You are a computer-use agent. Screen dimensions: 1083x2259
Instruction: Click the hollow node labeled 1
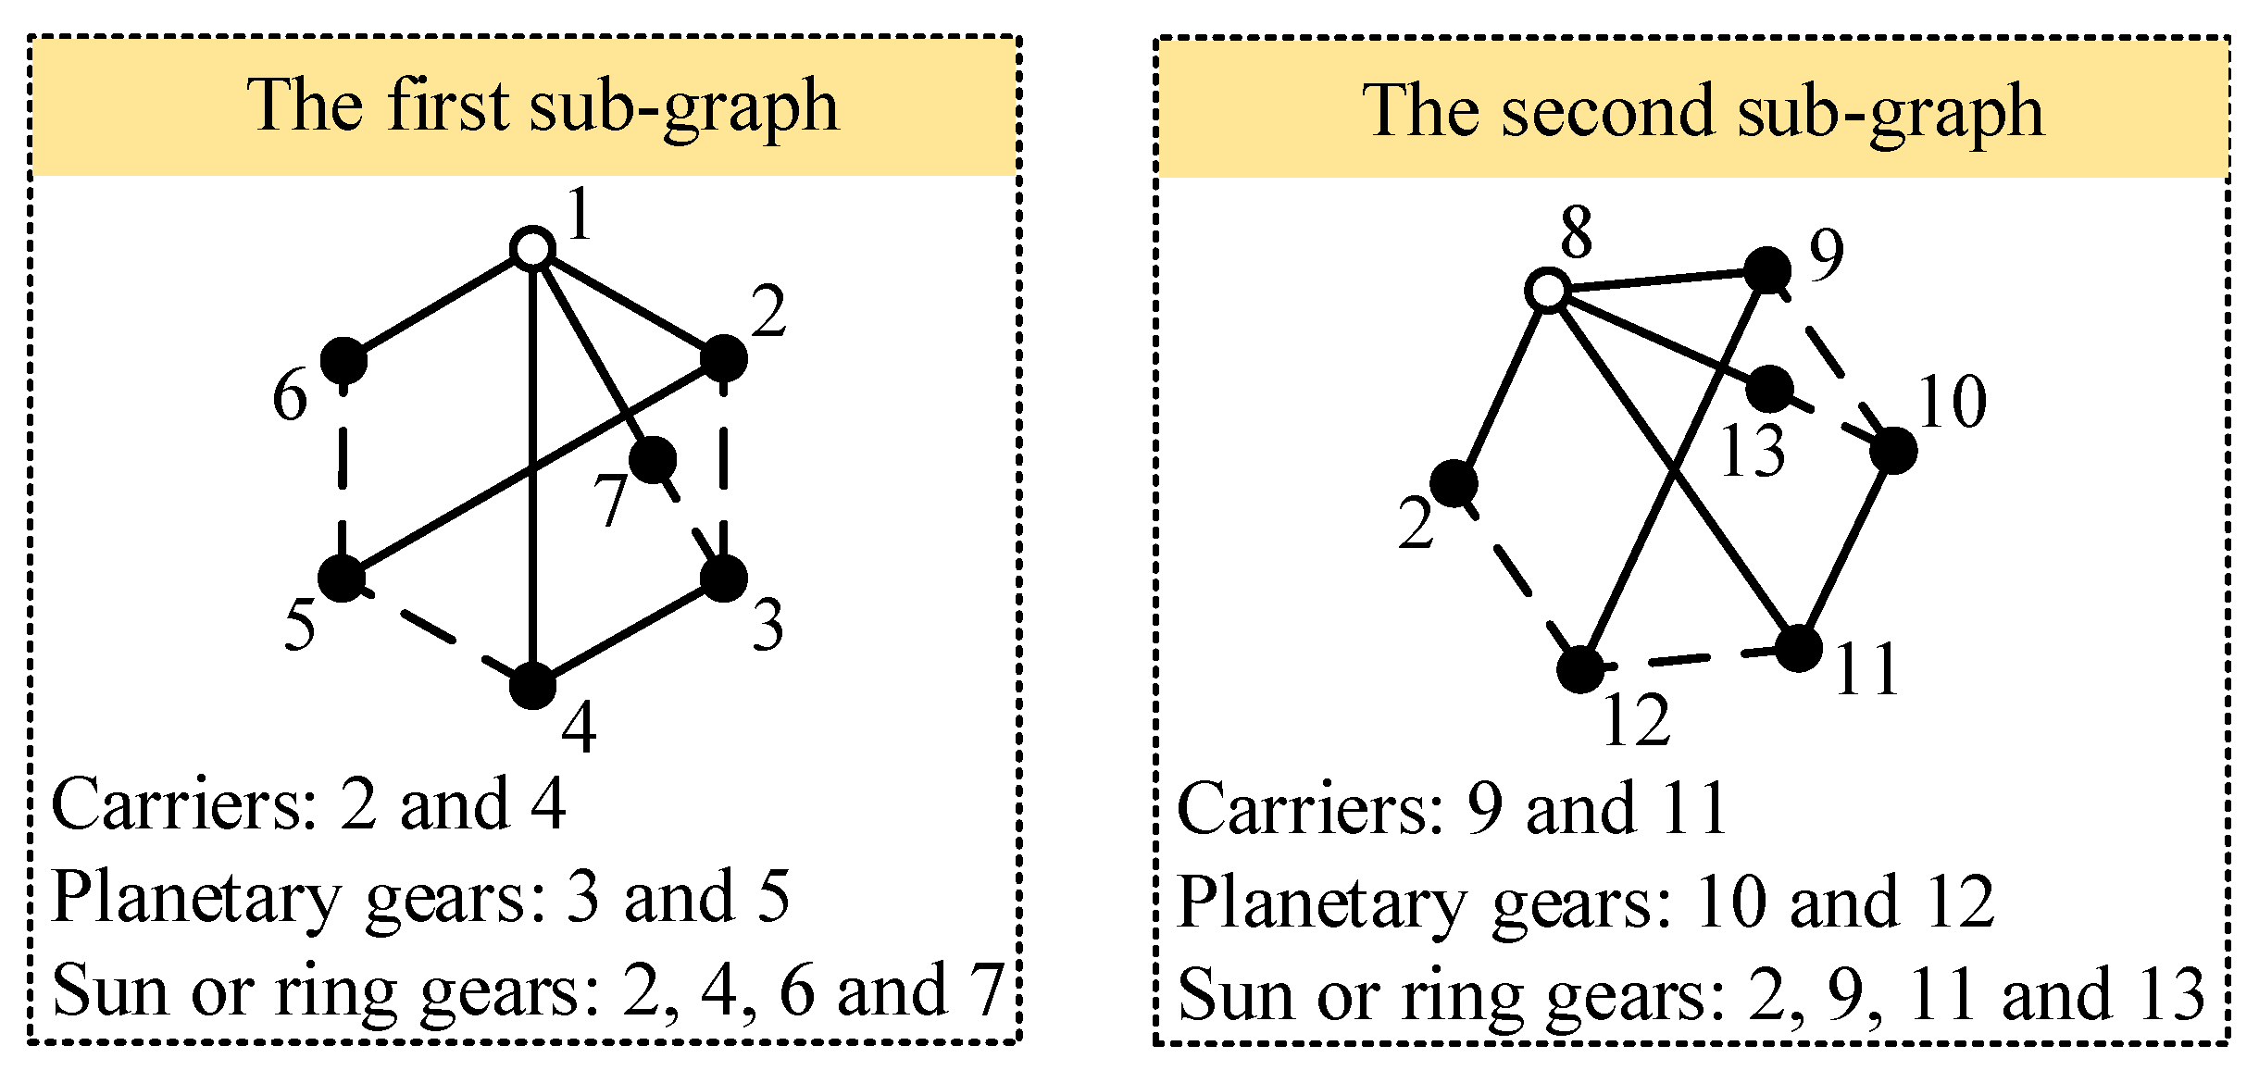[x=532, y=249]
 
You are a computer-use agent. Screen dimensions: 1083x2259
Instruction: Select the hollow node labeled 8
[x=1546, y=291]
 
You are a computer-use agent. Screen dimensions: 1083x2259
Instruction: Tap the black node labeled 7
[x=653, y=458]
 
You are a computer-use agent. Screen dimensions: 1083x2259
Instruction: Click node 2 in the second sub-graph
[x=1454, y=483]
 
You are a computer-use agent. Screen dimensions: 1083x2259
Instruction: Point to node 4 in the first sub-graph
[x=532, y=686]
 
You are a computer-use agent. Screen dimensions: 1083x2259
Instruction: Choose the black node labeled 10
[x=1893, y=452]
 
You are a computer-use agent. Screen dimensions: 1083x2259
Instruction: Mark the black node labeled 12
[x=1580, y=669]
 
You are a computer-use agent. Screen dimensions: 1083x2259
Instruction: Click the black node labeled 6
[x=343, y=359]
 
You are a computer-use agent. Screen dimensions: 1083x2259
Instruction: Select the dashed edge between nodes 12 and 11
[x=1690, y=660]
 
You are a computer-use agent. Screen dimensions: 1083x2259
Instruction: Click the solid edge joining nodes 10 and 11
[x=1845, y=551]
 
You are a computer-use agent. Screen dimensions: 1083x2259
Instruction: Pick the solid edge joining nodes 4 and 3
[x=628, y=632]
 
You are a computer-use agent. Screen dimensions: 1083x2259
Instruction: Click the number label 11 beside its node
[x=1866, y=669]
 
